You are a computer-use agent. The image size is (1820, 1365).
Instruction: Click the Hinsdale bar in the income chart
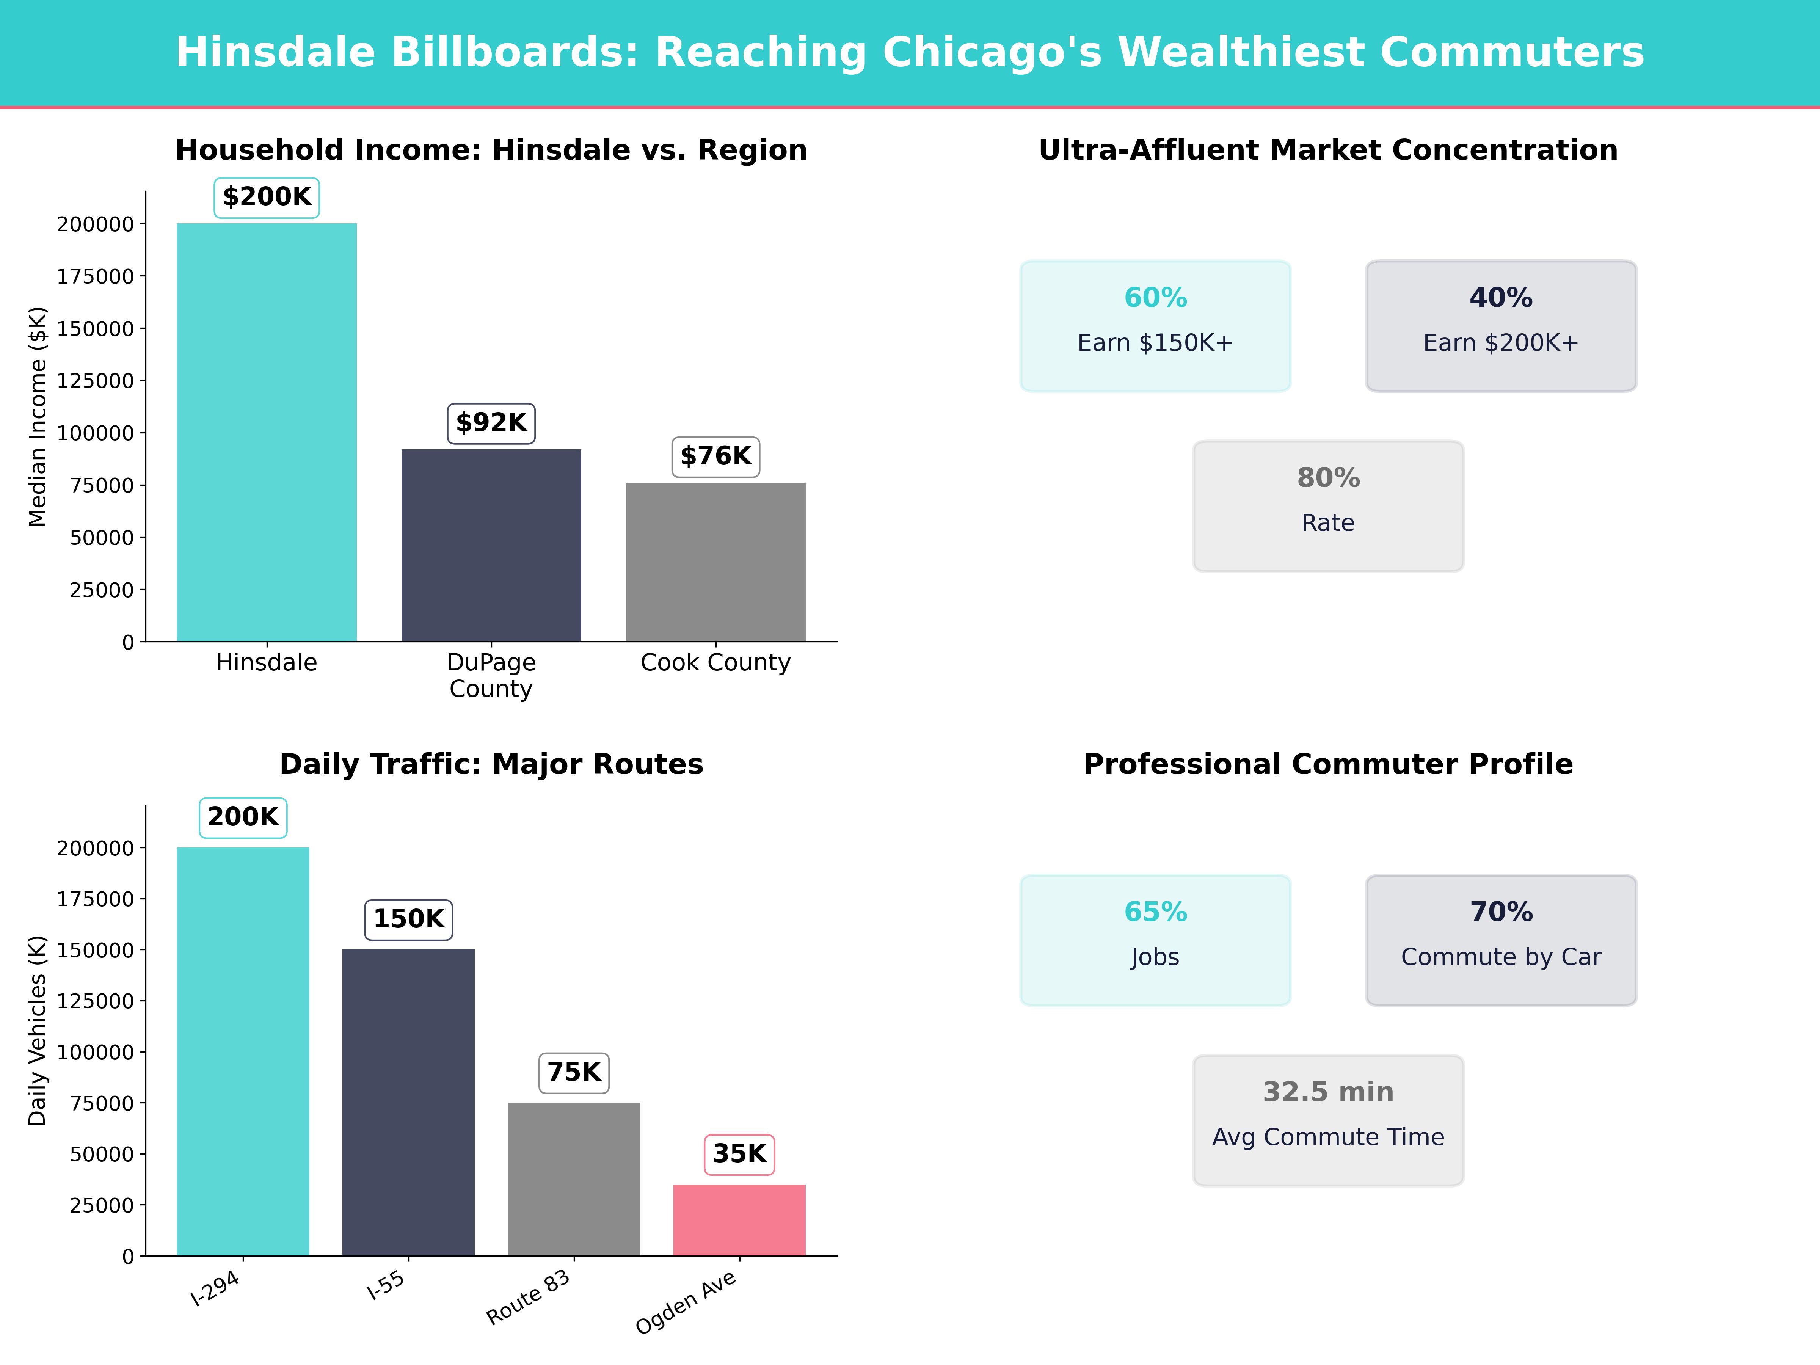(267, 432)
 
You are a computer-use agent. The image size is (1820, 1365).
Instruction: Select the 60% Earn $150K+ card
(1155, 326)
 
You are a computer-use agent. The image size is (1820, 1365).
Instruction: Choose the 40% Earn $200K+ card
(1501, 326)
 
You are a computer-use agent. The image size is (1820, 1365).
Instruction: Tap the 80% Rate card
(1328, 506)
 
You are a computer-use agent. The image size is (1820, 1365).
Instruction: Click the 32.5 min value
(1328, 1092)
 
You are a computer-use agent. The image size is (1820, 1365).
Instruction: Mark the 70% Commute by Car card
(1501, 940)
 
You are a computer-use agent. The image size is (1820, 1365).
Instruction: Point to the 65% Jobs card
(1155, 940)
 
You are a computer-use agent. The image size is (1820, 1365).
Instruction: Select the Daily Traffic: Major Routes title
(491, 764)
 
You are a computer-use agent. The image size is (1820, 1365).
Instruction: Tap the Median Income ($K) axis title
(37, 416)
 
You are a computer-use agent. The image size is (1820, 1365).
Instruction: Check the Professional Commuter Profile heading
(1328, 764)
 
